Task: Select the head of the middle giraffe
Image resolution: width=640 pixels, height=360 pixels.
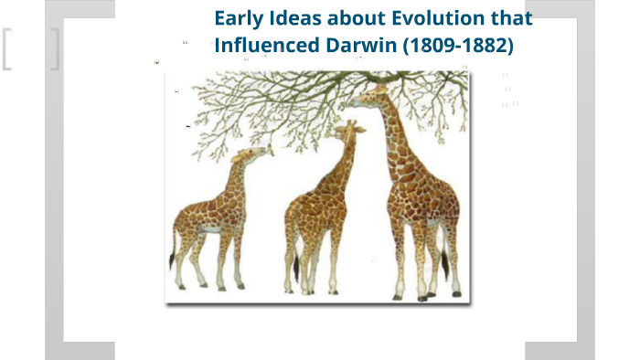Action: [x=345, y=132]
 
